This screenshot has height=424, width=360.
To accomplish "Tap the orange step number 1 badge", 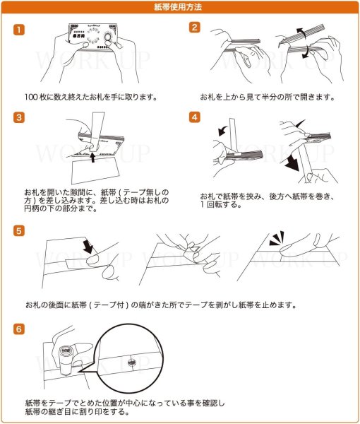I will pyautogui.click(x=20, y=30).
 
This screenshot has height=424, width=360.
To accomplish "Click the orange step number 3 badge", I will pyautogui.click(x=20, y=117).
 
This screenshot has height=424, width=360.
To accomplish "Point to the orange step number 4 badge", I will pyautogui.click(x=194, y=117).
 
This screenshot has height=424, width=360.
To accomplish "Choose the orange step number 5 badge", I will pyautogui.click(x=20, y=230).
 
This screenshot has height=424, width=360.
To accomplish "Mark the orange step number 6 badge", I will pyautogui.click(x=20, y=329).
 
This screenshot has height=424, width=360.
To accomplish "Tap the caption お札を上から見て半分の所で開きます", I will pyautogui.click(x=267, y=97).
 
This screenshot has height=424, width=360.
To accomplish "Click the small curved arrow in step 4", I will pyautogui.click(x=224, y=130).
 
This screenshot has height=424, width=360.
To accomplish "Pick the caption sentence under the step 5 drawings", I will pyautogui.click(x=160, y=305).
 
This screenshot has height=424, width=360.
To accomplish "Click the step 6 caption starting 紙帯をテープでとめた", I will pyautogui.click(x=124, y=406).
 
